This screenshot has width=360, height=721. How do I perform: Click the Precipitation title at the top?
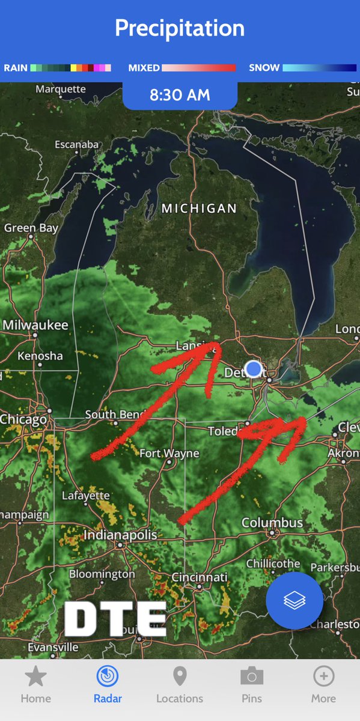click(180, 28)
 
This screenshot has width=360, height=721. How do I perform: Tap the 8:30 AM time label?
click(180, 95)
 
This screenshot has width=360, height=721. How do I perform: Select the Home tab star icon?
click(35, 677)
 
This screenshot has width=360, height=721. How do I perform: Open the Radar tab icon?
click(108, 677)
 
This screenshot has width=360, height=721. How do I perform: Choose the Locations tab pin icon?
click(180, 677)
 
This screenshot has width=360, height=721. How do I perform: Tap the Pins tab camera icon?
click(252, 677)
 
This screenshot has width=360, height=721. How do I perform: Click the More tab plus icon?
click(323, 677)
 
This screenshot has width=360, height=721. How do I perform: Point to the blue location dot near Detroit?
click(254, 368)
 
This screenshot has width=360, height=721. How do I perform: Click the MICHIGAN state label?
click(199, 208)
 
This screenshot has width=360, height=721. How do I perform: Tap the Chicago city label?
click(23, 419)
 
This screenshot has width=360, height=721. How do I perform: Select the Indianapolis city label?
click(120, 534)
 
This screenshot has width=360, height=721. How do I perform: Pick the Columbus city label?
click(272, 523)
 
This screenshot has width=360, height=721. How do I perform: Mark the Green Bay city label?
click(31, 228)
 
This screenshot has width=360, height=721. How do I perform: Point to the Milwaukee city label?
click(35, 325)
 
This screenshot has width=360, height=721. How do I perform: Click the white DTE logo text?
click(115, 619)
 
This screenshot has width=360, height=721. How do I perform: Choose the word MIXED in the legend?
click(144, 68)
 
